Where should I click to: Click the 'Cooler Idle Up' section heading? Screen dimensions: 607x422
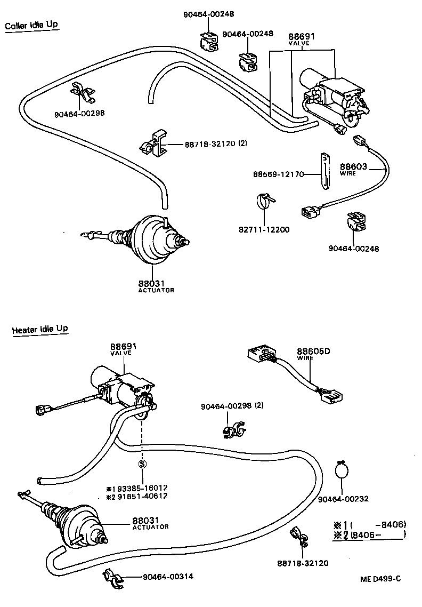[x=31, y=26]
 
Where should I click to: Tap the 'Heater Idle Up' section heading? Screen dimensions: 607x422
[x=40, y=329]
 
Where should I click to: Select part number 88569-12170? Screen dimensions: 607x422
[x=278, y=174]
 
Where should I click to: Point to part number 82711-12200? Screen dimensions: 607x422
[x=264, y=230]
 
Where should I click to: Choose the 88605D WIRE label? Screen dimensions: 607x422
[x=313, y=354]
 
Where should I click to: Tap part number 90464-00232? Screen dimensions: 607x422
[x=344, y=499]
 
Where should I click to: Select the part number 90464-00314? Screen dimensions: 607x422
[x=168, y=577]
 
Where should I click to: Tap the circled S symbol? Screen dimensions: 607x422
[x=142, y=464]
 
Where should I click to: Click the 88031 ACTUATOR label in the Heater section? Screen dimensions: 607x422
[x=150, y=522]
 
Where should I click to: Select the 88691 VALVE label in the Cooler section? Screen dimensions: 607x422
[x=302, y=38]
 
